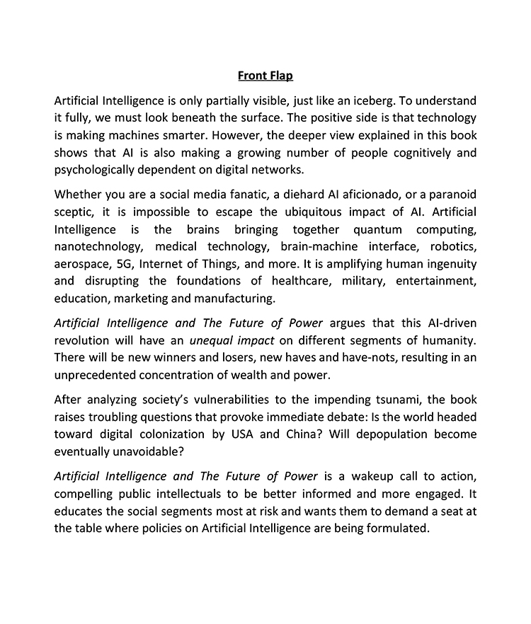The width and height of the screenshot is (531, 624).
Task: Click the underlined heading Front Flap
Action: (x=265, y=75)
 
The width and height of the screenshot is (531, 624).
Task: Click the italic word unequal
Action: (x=232, y=341)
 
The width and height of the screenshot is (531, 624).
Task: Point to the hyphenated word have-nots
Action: (x=347, y=358)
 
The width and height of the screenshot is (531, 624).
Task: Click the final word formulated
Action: (x=395, y=528)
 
